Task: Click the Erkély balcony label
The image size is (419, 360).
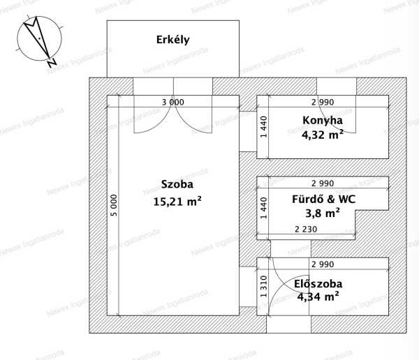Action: [173, 40]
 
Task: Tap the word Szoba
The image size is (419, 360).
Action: [177, 184]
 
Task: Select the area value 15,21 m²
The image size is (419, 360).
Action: [177, 202]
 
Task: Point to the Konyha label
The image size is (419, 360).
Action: [323, 121]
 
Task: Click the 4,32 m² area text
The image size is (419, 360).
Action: [323, 135]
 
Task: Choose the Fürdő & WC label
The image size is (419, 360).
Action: [323, 200]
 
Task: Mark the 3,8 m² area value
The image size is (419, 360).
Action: [323, 213]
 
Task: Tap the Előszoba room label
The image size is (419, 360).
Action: [318, 284]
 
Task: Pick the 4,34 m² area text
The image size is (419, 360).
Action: [318, 297]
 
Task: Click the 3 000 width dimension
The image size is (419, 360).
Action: [173, 102]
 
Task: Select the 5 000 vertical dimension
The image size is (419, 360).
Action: [114, 205]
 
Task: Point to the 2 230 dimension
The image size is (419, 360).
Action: [306, 229]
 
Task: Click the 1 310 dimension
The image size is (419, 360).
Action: [263, 287]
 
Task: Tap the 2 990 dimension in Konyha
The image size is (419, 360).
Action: [323, 102]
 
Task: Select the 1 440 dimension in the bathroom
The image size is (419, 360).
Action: [263, 208]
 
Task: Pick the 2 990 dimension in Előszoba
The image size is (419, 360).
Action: [323, 264]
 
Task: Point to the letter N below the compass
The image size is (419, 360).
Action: [52, 62]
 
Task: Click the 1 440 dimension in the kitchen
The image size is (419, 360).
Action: [263, 127]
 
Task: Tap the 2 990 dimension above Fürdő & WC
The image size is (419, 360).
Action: [323, 183]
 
